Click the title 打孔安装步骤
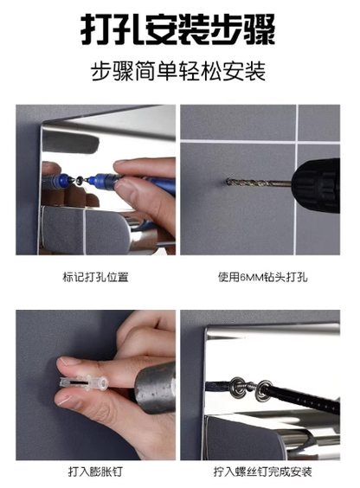[x=180, y=29]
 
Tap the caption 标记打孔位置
[x=96, y=279]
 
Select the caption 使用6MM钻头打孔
[x=263, y=279]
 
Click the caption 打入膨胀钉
[x=96, y=472]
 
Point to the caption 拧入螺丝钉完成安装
[x=263, y=472]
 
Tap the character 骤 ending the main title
[x=260, y=29]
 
